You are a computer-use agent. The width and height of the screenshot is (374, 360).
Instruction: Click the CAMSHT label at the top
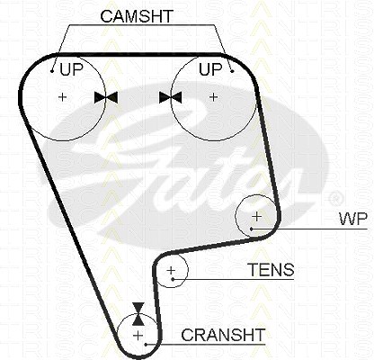pos(137,16)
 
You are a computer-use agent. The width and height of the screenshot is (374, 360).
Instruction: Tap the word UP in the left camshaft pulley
pos(71,69)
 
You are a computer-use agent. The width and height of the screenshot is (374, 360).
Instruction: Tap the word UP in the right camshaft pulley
pos(210,69)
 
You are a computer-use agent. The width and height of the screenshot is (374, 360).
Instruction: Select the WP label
pos(353,219)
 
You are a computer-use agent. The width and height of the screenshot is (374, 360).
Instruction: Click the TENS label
pos(272,270)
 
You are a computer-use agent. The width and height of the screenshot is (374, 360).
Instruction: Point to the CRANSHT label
pos(223,335)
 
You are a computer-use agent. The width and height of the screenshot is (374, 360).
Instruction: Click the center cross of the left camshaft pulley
pos(63,97)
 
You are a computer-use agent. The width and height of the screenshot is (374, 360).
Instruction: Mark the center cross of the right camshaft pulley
pos(213,97)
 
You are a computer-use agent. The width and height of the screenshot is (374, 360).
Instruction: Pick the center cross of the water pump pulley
pos(257,216)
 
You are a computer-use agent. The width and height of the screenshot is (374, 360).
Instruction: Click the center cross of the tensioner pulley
pos(171,270)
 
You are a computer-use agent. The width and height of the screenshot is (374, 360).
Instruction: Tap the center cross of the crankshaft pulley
pos(138,335)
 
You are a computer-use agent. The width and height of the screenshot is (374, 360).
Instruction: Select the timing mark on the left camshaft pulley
pos(106,97)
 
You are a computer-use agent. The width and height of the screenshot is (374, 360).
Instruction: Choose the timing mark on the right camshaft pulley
pos(171,97)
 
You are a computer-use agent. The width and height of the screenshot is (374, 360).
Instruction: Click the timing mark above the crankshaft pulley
pos(138,314)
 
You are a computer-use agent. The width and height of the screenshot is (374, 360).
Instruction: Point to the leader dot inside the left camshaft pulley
pos(52,71)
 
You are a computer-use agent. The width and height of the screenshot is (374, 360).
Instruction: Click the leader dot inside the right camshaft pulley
pos(232,71)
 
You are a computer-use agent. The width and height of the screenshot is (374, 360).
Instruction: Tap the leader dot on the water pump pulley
pos(252,229)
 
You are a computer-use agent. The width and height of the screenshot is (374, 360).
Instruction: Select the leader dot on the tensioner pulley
pos(173,279)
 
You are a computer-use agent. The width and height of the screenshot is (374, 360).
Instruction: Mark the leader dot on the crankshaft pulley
pos(146,345)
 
